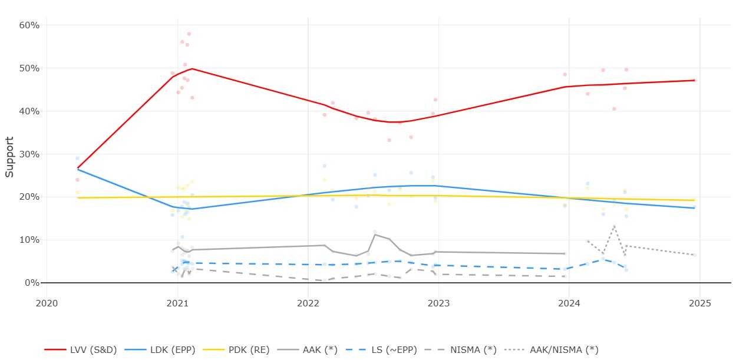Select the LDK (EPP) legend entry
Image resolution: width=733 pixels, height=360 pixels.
(x=167, y=349)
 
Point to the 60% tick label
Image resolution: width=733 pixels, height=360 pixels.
(x=29, y=25)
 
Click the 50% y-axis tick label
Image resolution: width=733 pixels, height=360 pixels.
(x=29, y=68)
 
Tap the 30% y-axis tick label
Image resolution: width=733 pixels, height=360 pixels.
(x=29, y=154)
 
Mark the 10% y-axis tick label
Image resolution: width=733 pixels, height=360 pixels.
(x=29, y=240)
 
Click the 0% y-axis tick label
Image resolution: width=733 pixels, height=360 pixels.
(x=31, y=283)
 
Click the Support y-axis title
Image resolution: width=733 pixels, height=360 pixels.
(x=10, y=157)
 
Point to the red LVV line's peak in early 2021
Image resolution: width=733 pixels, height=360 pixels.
(x=192, y=68)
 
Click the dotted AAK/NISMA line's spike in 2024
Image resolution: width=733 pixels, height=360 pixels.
(x=614, y=226)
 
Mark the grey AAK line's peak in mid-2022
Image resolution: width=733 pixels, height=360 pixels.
(x=375, y=235)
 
